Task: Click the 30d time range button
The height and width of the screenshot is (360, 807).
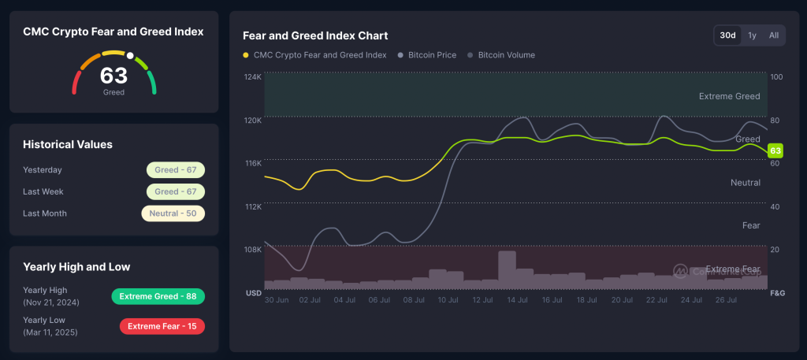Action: point(727,35)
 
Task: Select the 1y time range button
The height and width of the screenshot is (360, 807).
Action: point(752,35)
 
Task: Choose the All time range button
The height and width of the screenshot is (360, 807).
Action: point(774,35)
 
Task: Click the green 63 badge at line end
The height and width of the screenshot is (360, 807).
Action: point(775,150)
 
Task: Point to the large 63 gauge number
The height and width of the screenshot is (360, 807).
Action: point(113,76)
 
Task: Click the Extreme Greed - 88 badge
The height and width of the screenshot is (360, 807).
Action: point(158,296)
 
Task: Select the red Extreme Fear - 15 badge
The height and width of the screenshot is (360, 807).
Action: point(162,326)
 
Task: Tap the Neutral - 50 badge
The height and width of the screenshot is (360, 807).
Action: point(173,213)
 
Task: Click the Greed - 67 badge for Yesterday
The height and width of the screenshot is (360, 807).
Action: point(175,169)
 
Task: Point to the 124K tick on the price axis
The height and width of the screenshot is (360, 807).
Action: point(253,77)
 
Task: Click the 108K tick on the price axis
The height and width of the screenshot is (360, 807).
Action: point(253,250)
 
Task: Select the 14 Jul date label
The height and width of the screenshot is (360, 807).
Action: point(516,300)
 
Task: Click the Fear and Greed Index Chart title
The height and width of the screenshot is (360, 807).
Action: point(315,35)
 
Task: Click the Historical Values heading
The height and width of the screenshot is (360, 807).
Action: point(68,144)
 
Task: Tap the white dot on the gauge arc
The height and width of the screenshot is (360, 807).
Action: point(131,57)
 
